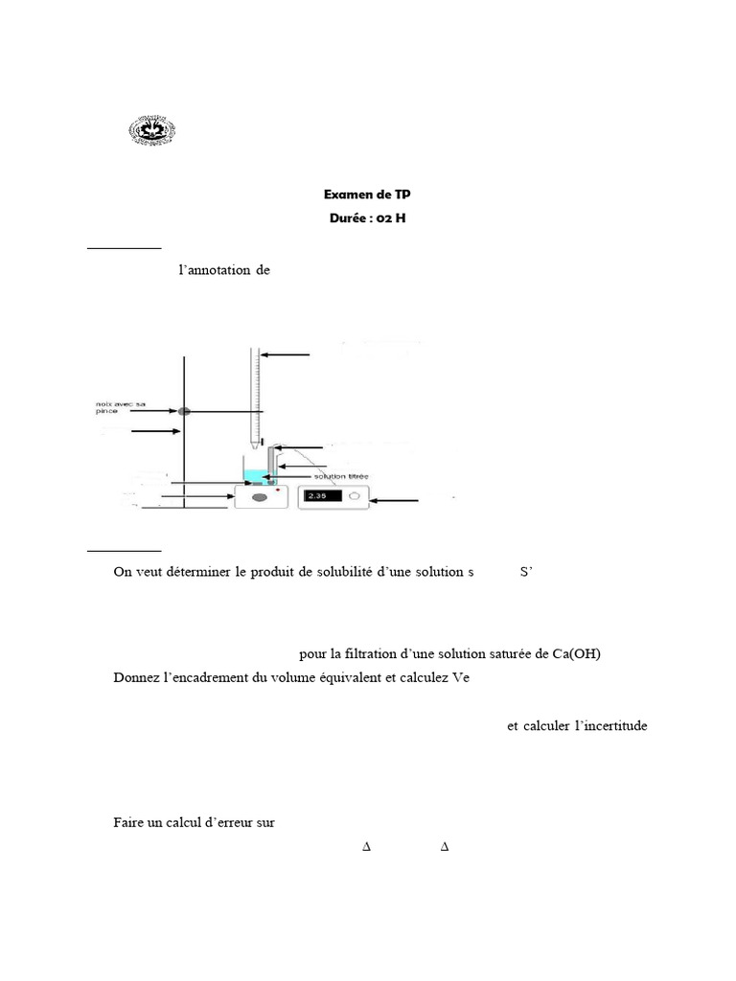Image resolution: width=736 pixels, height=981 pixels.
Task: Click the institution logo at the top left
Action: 153,131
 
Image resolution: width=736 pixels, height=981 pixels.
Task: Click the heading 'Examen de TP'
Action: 368,194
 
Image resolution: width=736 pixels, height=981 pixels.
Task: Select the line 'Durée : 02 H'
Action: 368,217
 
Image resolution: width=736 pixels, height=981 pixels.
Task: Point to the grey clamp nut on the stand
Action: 184,411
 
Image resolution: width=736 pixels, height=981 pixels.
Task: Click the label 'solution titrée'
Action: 334,477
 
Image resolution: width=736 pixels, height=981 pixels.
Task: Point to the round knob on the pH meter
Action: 354,496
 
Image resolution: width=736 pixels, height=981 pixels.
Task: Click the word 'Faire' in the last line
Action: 127,822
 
